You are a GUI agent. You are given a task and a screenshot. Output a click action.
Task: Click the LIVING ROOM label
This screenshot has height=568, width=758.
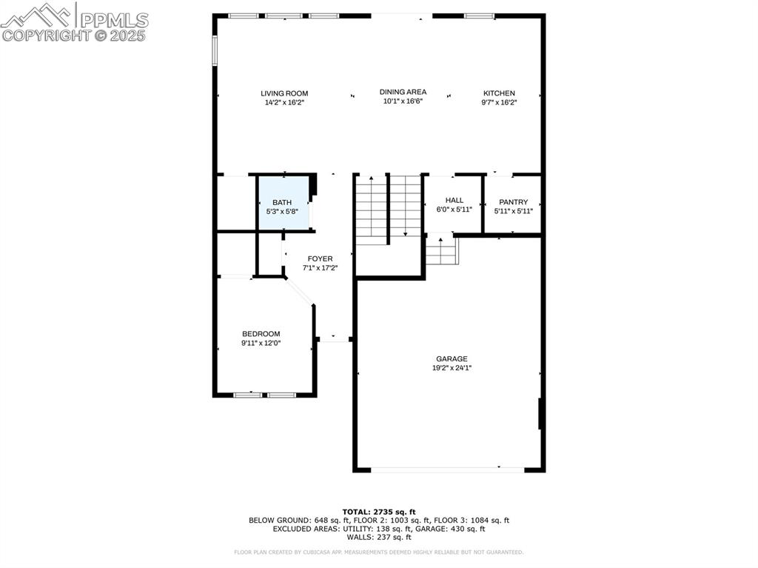284,93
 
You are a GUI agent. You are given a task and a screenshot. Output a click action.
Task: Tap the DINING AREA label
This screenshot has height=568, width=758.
403,92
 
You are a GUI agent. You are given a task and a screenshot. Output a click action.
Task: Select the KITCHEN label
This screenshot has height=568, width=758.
499,93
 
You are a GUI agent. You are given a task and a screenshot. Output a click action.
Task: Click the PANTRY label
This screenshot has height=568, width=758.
513,202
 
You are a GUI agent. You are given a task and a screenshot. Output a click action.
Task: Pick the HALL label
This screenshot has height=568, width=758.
454,200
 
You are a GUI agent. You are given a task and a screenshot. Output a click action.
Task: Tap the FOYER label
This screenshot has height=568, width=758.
320,258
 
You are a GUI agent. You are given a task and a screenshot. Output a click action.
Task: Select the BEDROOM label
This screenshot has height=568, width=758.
261,334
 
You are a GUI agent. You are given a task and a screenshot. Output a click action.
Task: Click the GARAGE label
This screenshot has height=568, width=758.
452,359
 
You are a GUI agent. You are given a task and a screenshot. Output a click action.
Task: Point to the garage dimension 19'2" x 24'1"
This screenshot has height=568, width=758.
452,368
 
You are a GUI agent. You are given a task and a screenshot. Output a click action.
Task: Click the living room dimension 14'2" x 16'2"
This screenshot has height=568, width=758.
284,102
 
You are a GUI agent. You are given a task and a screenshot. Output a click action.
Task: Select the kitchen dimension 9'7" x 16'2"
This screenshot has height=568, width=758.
499,102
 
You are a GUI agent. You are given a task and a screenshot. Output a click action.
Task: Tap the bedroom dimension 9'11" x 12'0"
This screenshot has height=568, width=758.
261,343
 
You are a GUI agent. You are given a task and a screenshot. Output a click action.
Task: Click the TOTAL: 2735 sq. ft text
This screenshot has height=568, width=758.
379,512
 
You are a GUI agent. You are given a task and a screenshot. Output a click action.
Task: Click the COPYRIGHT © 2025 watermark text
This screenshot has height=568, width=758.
74,35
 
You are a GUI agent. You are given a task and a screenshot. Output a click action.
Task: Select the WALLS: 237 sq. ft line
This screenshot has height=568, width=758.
379,537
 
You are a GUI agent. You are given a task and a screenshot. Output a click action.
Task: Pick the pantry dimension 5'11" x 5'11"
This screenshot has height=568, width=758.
513,211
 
